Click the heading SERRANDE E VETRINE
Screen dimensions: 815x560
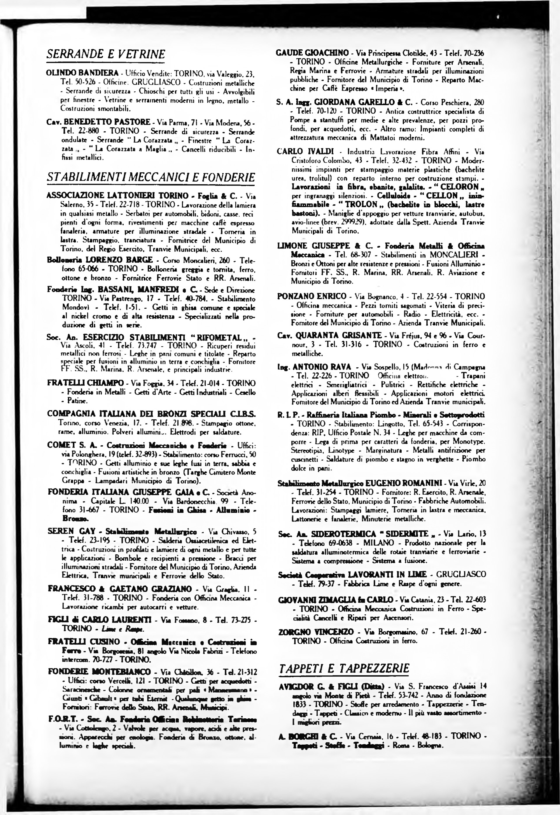(106, 54)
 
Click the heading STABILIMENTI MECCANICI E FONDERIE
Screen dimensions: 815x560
(150, 178)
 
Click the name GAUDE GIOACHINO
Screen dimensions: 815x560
(313, 53)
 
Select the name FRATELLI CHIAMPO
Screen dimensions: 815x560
(85, 383)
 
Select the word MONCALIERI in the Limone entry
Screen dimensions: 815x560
(451, 254)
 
